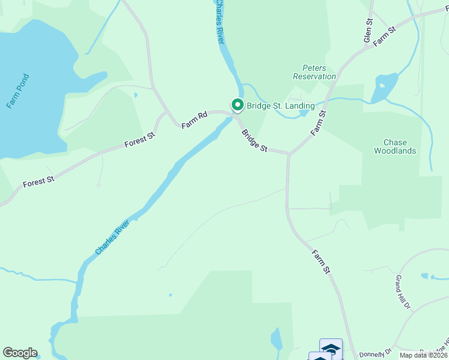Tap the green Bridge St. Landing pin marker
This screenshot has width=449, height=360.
tap(237, 105)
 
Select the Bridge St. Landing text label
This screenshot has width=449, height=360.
tap(280, 106)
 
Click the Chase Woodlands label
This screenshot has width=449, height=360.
tap(391, 147)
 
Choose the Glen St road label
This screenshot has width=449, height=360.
tap(369, 30)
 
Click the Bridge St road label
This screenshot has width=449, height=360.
tap(255, 141)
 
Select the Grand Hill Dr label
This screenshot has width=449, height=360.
tap(402, 292)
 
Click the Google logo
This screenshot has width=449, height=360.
tap(20, 353)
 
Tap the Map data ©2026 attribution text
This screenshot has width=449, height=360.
tap(424, 356)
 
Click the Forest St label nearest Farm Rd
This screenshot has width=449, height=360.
tap(140, 140)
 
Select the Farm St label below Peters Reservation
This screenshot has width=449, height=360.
tap(318, 122)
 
